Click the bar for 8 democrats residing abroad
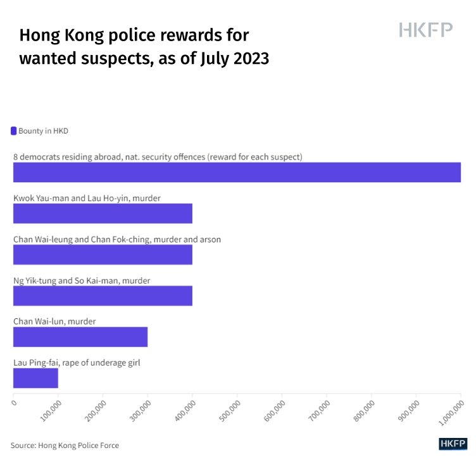tap(237, 172)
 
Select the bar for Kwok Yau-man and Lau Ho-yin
tap(103, 213)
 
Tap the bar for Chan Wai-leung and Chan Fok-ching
tap(103, 254)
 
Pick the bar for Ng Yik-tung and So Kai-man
tap(103, 296)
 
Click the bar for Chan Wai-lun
tap(80, 337)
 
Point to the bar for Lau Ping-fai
tap(35, 378)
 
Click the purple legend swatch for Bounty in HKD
tap(14, 131)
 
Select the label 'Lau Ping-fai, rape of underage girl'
tap(77, 363)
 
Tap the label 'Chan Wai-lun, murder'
tap(54, 321)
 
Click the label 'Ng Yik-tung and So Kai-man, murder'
tap(82, 280)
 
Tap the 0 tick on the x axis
tap(14, 401)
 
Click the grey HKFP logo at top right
tap(425, 30)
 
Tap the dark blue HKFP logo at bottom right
tap(452, 444)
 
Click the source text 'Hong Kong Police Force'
tap(78, 446)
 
